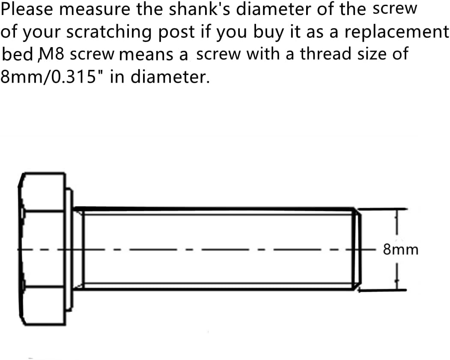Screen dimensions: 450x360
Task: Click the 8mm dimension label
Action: pyautogui.click(x=401, y=250)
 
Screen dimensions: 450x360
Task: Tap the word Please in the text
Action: pyautogui.click(x=27, y=9)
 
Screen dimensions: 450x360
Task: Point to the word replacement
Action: pyautogui.click(x=396, y=32)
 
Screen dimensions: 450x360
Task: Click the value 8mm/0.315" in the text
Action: pyautogui.click(x=48, y=77)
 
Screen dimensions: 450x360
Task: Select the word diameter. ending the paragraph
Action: pyautogui.click(x=170, y=77)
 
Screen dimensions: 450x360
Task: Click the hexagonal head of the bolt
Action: pyautogui.click(x=42, y=249)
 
